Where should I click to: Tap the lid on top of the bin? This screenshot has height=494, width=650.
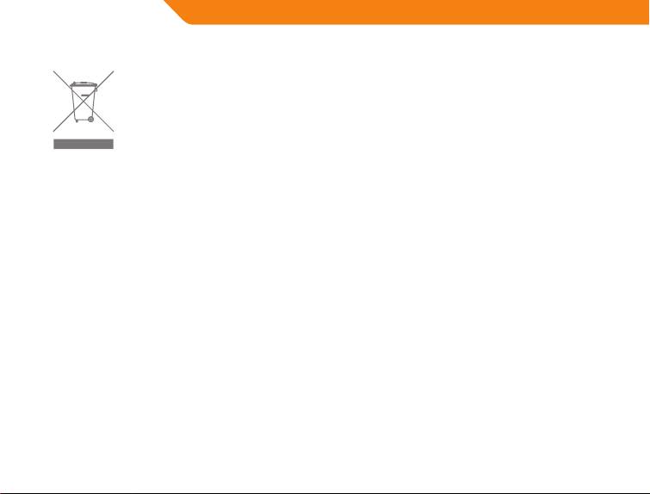84,83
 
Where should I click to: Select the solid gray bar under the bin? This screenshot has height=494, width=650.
84,144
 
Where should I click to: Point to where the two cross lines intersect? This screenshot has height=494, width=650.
84,102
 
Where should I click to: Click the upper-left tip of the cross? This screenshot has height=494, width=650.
53,71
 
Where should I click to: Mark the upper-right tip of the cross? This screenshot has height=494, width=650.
114,71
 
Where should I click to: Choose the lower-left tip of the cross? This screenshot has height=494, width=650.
53,131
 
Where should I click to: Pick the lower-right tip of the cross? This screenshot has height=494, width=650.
114,131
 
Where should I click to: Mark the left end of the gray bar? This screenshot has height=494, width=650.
55,144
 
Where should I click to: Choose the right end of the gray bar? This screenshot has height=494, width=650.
112,144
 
